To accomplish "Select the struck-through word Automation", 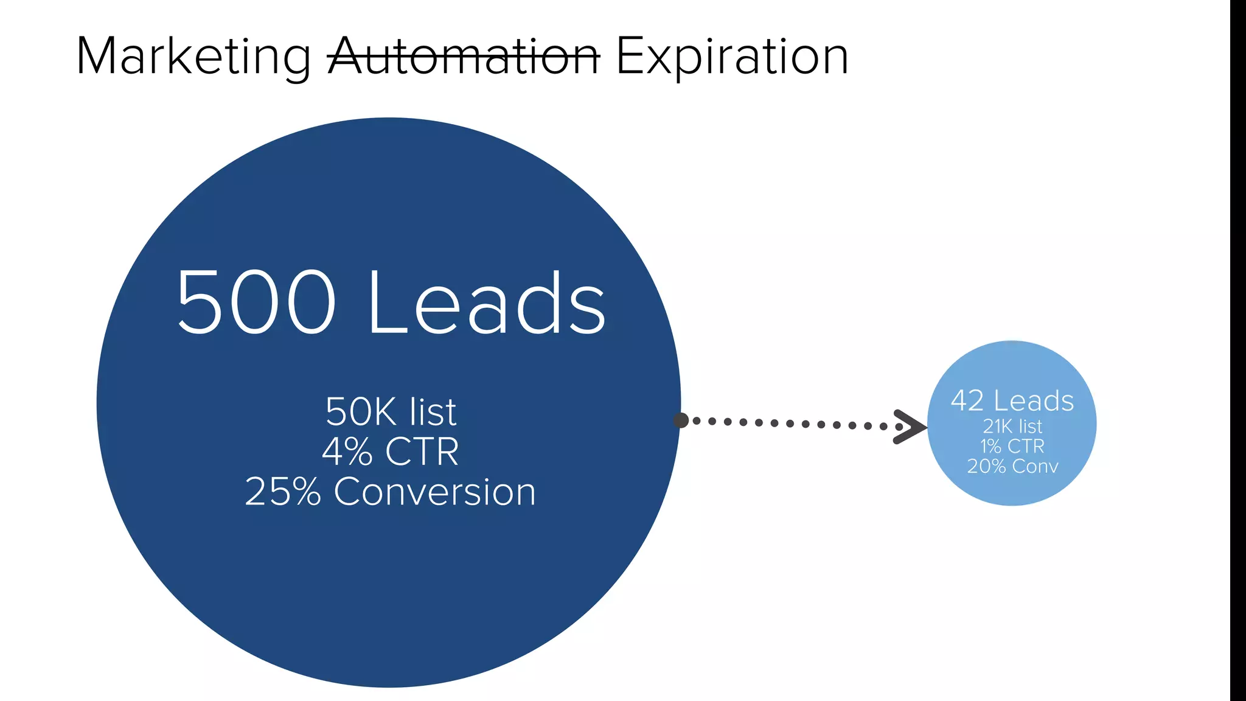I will coord(464,57).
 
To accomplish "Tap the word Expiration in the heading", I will coord(732,57).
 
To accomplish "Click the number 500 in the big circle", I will coord(256,302).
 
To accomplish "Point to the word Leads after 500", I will coord(487,302).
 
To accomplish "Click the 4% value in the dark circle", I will coord(347,452).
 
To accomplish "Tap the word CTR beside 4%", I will coord(422,452).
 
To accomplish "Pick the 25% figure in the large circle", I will coord(283,492).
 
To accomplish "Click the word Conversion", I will coord(434,492).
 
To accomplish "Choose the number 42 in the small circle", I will coord(967,401).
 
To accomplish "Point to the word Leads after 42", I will coord(1034,401).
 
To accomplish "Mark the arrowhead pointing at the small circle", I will coord(910,427).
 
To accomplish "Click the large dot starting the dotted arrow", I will coord(681,420).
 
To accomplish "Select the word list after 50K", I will coord(433,412).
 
